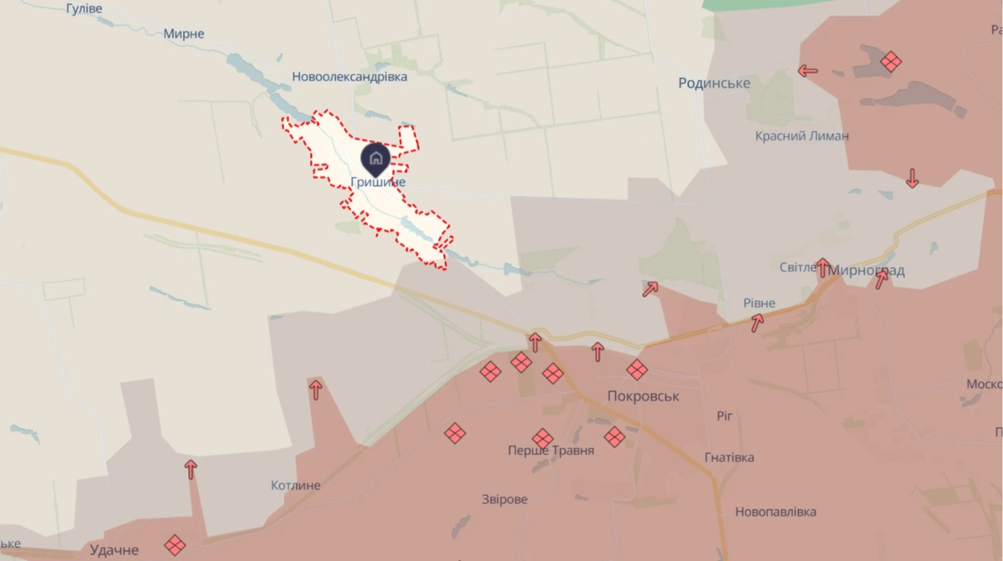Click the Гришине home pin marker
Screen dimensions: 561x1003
click(374, 158)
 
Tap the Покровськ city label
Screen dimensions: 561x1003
click(644, 396)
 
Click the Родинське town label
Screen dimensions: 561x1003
click(714, 83)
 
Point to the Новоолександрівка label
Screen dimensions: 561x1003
click(349, 77)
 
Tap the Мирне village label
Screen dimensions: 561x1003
click(184, 34)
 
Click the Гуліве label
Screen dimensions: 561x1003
click(84, 8)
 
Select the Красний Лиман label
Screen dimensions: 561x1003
click(802, 136)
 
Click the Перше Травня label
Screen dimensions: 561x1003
click(551, 451)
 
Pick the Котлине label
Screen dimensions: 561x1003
click(296, 486)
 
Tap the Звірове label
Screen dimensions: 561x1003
click(505, 499)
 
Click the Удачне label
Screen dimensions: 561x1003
click(114, 550)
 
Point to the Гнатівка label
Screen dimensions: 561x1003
click(729, 457)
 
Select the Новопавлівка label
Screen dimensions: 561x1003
click(776, 512)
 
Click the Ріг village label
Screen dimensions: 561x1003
click(724, 416)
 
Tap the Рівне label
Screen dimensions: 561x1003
click(759, 303)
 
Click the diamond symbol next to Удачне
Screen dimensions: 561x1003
click(175, 545)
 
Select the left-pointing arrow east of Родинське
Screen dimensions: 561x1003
click(807, 71)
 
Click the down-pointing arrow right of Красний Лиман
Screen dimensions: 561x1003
click(912, 177)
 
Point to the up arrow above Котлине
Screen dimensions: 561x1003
click(316, 389)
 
